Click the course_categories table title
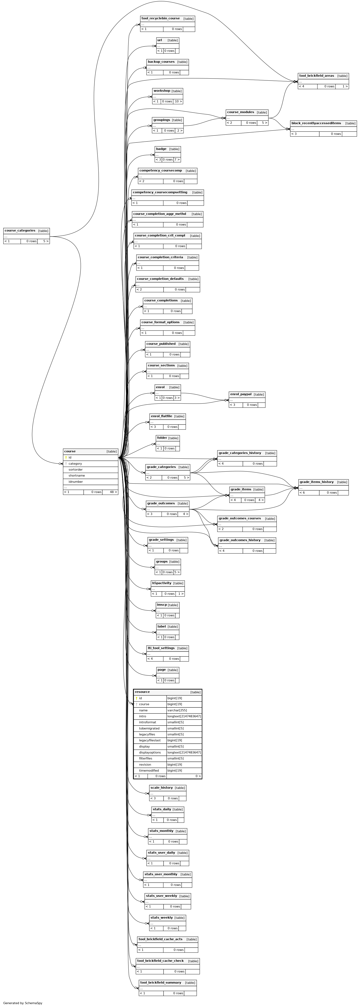[x=20, y=231]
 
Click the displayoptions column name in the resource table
[x=150, y=752]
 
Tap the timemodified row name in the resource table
[x=149, y=771]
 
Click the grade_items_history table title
[x=317, y=482]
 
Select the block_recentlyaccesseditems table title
[x=316, y=123]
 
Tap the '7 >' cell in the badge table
[x=177, y=160]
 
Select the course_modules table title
[x=240, y=112]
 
